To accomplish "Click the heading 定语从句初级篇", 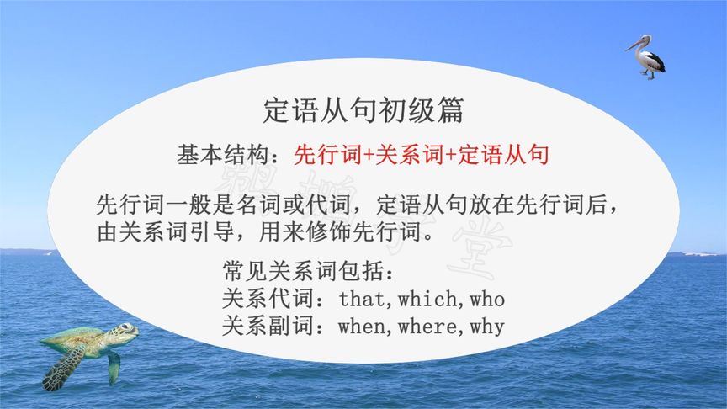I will (363, 111).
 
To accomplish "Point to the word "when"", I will (364, 326).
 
